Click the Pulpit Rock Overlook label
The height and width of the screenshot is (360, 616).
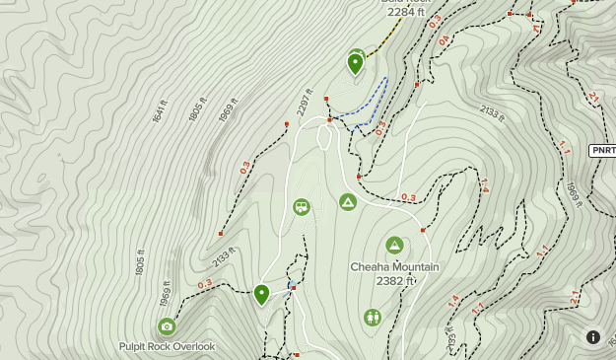coord(167,346)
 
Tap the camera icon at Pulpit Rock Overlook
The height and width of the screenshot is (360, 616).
coord(167,326)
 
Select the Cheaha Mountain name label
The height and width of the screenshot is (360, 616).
coord(394,267)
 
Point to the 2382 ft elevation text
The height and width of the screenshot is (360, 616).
coord(395,281)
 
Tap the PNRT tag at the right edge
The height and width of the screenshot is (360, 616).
coord(603,150)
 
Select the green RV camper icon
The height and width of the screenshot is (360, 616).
coord(302,207)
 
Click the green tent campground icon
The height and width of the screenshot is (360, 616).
coord(348,202)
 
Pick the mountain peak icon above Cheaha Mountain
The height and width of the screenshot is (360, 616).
coord(395,246)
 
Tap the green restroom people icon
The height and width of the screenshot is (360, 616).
coord(373,318)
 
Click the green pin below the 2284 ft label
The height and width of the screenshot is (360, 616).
coord(356,63)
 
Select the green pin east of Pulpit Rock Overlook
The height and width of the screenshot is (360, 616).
coord(261,293)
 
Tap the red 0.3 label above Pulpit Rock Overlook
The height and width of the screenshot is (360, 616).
coord(205,284)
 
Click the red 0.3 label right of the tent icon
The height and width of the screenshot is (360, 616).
coord(408,197)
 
